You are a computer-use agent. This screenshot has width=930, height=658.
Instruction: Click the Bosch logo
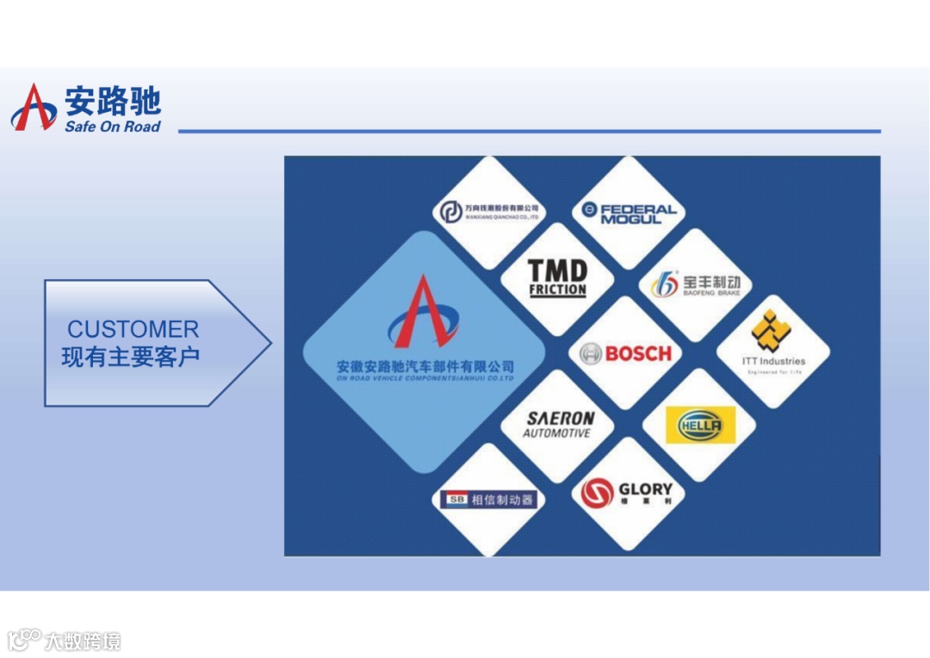coord(625,353)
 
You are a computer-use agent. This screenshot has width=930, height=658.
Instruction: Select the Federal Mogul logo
coord(629,213)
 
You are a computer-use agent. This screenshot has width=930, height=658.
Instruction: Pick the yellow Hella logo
coord(700,425)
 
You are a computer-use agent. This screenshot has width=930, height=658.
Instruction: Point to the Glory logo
coord(626,493)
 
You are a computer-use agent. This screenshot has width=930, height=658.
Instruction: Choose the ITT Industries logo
coord(773,349)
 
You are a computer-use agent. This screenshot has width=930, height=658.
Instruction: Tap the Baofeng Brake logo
coord(696,285)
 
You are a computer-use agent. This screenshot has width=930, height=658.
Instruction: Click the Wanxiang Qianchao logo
coord(488,212)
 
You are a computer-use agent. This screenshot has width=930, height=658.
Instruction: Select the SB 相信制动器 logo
coord(488,500)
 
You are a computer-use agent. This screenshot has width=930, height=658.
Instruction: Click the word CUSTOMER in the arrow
coord(133,329)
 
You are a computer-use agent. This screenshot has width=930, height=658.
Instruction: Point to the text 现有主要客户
coord(131,357)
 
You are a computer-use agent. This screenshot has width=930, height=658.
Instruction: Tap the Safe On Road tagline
coord(112,127)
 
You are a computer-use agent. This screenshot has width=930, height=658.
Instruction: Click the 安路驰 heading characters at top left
coord(113,102)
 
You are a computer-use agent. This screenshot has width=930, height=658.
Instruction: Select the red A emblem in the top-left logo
coord(33,109)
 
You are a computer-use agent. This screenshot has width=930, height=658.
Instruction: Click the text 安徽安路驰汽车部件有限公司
coord(425,367)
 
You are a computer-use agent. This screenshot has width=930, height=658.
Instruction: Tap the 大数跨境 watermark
coord(81,641)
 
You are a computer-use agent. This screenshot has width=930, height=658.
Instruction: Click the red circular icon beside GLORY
coord(597,493)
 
